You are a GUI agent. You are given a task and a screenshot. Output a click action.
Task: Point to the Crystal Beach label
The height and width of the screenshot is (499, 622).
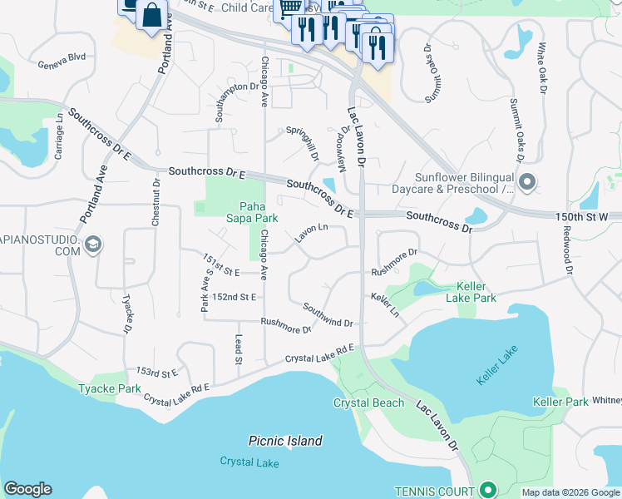(x=368, y=403)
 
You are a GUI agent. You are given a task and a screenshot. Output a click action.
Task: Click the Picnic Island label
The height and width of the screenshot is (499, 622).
(x=285, y=441)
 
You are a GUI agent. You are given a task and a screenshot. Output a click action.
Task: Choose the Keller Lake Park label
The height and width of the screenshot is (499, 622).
(x=471, y=292)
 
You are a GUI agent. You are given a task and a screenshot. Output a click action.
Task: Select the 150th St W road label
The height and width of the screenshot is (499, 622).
(x=587, y=216)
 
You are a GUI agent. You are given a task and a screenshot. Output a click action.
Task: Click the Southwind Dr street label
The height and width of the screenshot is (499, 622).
(x=328, y=314)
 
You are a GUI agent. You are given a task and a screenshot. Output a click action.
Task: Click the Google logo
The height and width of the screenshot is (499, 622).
(x=27, y=489)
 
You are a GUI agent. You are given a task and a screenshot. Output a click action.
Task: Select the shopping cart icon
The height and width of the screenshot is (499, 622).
(x=289, y=8)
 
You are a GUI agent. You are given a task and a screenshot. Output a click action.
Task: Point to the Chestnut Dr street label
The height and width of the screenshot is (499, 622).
(x=155, y=202)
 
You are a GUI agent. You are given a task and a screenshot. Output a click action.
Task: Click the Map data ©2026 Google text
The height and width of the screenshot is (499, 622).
(x=570, y=492)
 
